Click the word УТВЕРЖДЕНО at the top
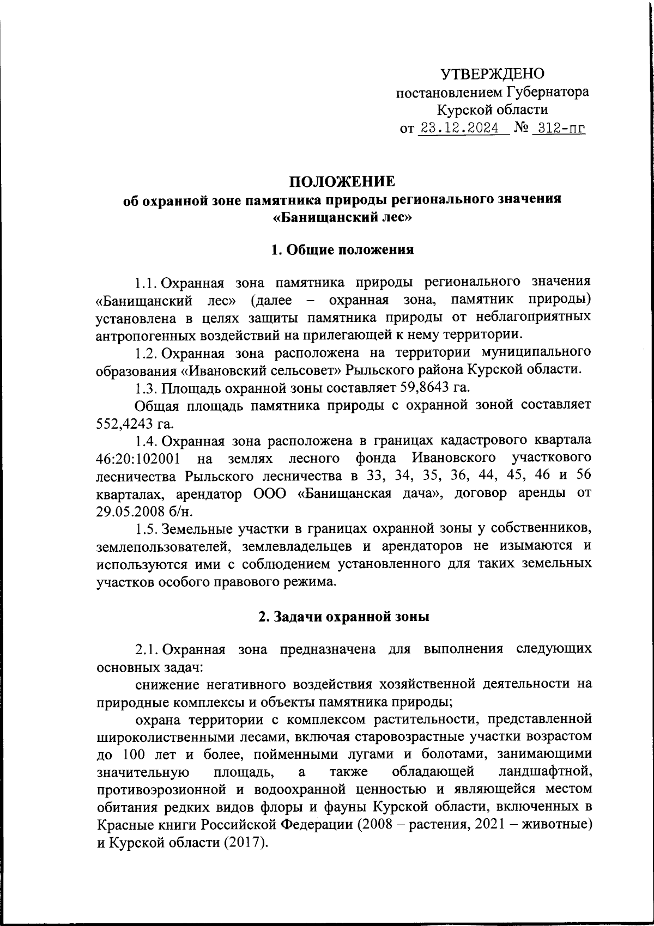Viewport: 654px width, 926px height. pos(492,74)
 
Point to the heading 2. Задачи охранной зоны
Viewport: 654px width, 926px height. pos(343,617)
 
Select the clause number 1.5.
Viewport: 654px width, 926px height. pos(147,529)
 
